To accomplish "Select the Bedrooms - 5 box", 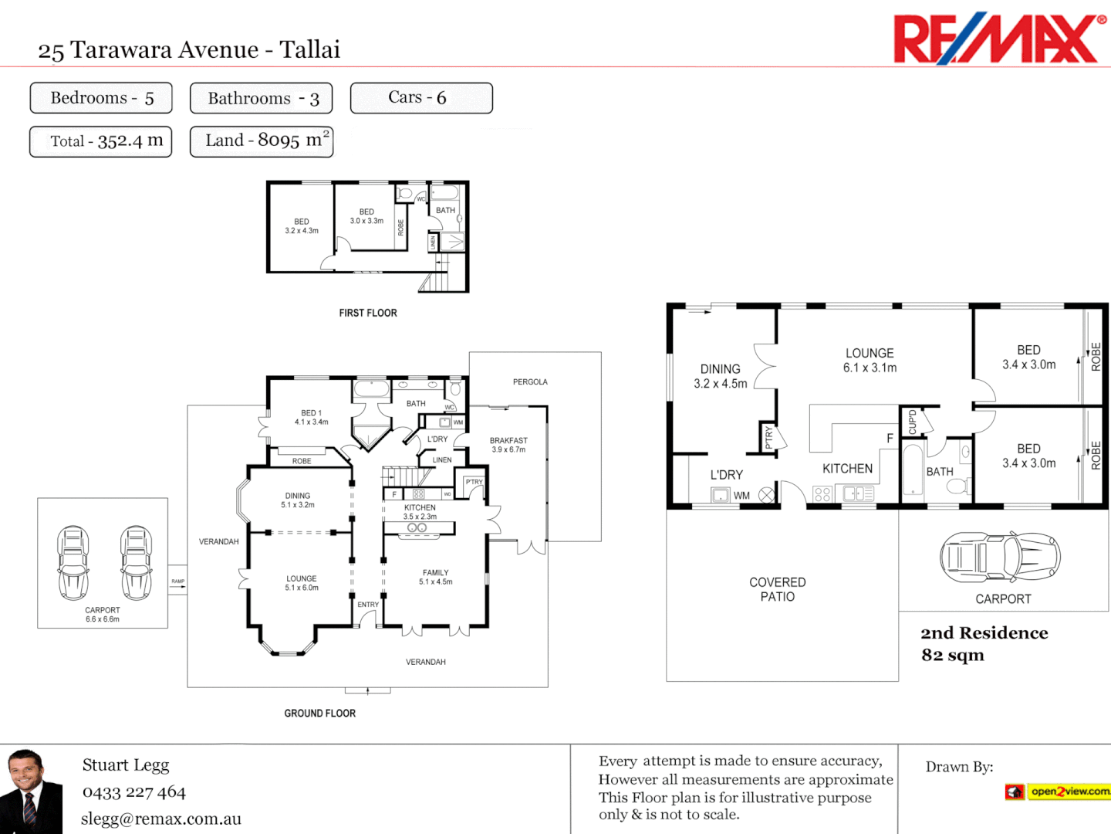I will pos(101,98).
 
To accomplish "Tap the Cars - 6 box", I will pos(420,98).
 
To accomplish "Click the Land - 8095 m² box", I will pos(262,141).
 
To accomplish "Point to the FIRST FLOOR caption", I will pos(368,313).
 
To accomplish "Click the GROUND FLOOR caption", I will pos(319,714).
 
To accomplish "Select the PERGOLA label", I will pos(530,382).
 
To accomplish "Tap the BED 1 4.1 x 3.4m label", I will pos(311,418).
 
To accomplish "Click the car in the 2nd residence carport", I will pos(1000,557).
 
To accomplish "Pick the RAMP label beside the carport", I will pos(178,581).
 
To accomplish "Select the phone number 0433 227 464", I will pos(134,792).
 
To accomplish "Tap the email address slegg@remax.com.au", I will pos(161,819).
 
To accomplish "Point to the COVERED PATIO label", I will pos(777,589).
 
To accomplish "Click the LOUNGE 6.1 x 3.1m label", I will pos(870,361).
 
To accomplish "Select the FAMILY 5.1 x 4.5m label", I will pos(436,578).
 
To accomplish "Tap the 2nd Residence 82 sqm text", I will pos(984,644).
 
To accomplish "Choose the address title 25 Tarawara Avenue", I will pos(189,50).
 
